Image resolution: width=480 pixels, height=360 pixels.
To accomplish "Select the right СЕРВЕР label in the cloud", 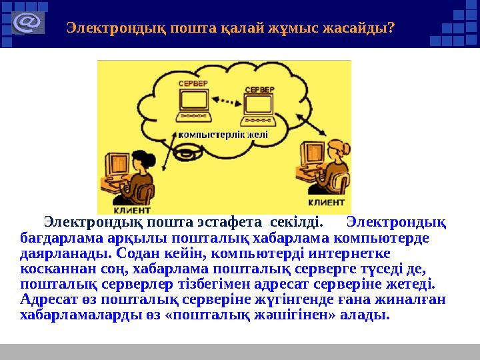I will (258, 89).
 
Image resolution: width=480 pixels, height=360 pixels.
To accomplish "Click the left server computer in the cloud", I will (192, 103).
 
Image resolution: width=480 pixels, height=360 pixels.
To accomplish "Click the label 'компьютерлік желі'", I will (223, 135).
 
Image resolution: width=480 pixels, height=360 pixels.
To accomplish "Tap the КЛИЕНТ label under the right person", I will (326, 201).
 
